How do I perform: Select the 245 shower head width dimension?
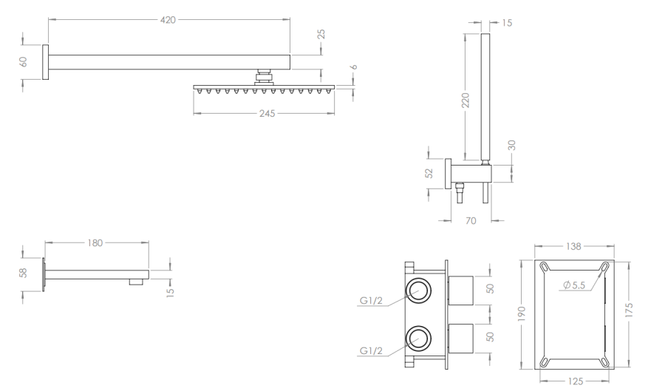coord(267,114)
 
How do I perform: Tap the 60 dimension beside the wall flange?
coord(24,61)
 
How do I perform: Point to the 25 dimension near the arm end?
coord(321,35)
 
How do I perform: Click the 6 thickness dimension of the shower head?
coord(354,67)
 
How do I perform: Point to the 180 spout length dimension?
coord(95,242)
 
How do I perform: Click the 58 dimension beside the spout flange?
coord(24,273)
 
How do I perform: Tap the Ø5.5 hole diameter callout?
coord(576,285)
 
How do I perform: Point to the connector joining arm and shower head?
coord(264,75)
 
